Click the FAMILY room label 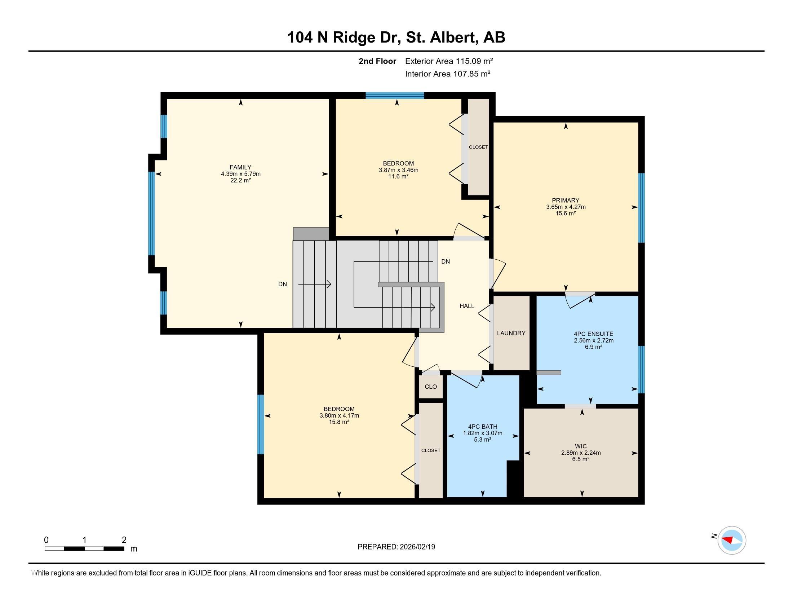pos(240,167)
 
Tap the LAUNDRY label pos(511,333)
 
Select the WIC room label pos(581,446)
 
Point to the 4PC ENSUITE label pos(594,334)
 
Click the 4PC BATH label pos(483,427)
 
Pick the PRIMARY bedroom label pos(566,200)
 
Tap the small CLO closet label pos(431,387)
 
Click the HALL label pos(467,306)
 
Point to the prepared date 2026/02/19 pos(417,547)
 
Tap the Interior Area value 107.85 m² pos(472,74)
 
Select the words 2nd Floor pos(377,61)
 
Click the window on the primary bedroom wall pos(642,208)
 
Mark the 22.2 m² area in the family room pos(241,181)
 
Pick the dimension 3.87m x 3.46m pos(398,170)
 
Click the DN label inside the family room pos(283,285)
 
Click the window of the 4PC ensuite pos(642,369)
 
